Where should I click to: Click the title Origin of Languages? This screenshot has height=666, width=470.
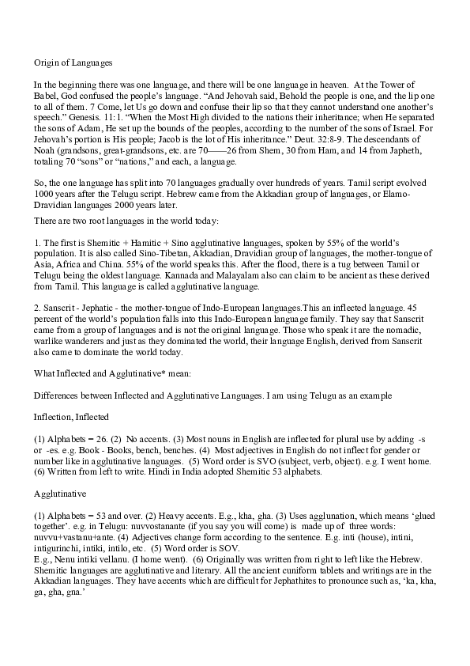click(73, 61)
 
